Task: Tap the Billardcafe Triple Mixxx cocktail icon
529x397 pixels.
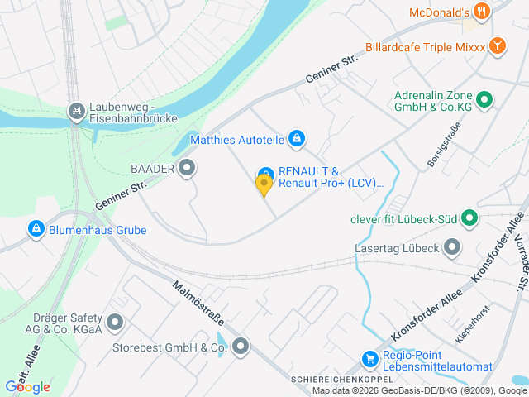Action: tap(498, 46)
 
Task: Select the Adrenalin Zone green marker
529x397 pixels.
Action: tap(485, 101)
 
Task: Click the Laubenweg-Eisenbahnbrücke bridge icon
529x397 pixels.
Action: tap(77, 110)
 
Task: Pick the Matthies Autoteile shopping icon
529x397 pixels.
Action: tap(297, 140)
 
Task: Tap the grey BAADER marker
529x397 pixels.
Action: tap(188, 169)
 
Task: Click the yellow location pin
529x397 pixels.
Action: tap(264, 186)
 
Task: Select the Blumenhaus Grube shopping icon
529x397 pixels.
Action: tap(36, 229)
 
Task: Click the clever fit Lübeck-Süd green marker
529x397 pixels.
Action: tap(469, 219)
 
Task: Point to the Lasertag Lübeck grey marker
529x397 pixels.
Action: tap(452, 246)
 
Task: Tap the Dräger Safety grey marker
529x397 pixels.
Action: tap(115, 322)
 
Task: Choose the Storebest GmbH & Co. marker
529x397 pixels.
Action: tap(241, 347)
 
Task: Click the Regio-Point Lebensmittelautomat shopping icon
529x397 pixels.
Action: tap(370, 359)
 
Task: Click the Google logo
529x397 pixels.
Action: tap(27, 386)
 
